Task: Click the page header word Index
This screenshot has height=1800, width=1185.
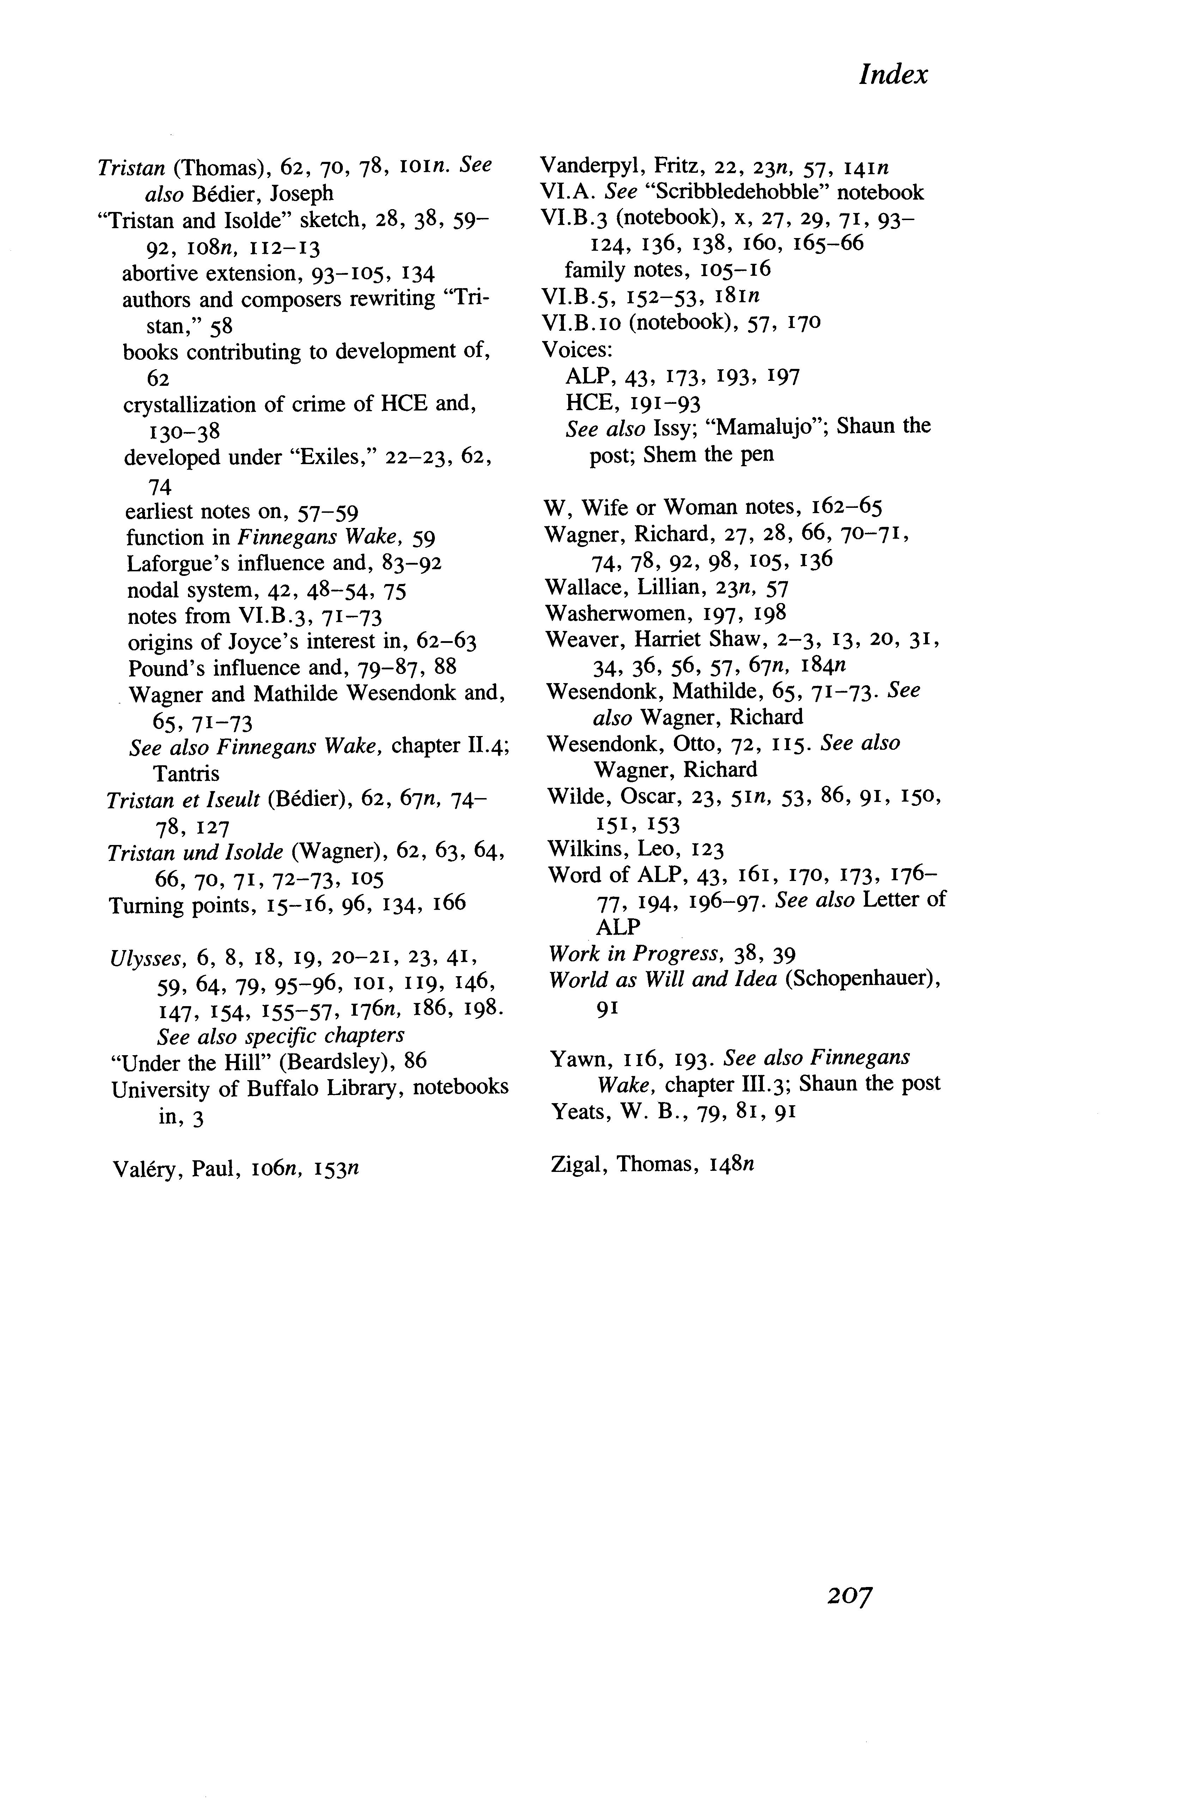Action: [x=893, y=75]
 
